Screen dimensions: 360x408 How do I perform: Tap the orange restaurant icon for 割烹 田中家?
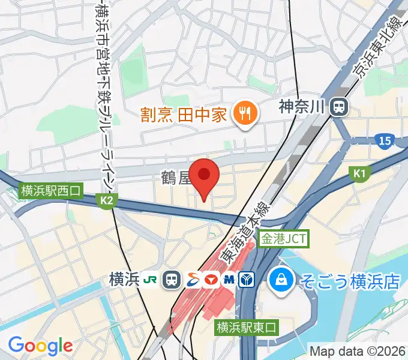pyautogui.click(x=244, y=113)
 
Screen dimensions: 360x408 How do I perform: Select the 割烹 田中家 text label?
pyautogui.click(x=184, y=113)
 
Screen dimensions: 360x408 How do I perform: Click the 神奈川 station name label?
pyautogui.click(x=302, y=107)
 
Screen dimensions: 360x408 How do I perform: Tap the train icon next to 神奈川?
pyautogui.click(x=340, y=107)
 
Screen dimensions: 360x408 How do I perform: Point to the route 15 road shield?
pyautogui.click(x=385, y=141)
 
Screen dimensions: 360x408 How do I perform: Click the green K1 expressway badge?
pyautogui.click(x=359, y=173)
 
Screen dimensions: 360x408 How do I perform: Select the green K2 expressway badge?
pyautogui.click(x=107, y=202)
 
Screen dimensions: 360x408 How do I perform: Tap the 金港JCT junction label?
pyautogui.click(x=284, y=239)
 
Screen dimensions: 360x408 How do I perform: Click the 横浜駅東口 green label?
pyautogui.click(x=247, y=328)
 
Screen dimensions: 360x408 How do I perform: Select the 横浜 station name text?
pyautogui.click(x=125, y=279)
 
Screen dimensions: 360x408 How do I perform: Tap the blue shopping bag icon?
pyautogui.click(x=280, y=279)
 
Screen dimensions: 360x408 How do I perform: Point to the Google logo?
pyautogui.click(x=40, y=346)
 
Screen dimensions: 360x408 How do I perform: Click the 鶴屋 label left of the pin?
pyautogui.click(x=174, y=178)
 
